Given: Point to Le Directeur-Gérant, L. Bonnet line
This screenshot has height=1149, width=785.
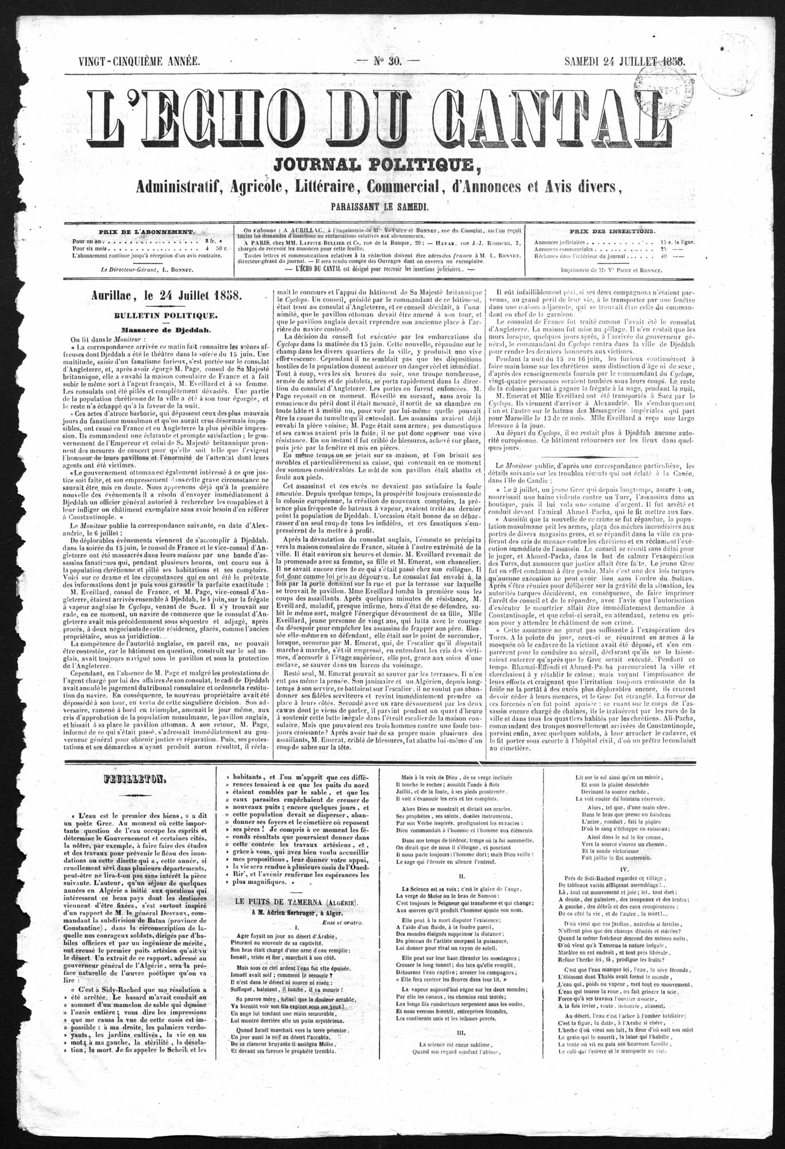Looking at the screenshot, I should point(146,268).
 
